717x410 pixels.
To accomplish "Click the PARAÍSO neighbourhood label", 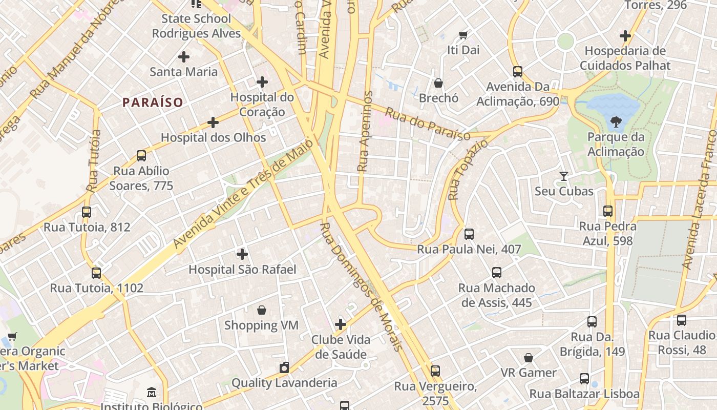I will (153, 102).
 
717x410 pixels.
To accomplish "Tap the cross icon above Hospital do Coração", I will (262, 81).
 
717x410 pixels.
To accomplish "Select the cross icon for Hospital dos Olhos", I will (213, 122).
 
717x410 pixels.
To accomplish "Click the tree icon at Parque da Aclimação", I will (616, 122).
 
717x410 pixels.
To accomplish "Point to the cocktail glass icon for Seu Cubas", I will (564, 176).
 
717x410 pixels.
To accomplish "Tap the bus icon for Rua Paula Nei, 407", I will (469, 234).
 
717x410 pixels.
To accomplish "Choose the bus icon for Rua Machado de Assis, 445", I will (497, 273).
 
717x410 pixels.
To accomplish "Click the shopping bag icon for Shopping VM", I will (262, 310).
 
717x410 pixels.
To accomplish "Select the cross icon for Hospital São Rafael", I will (242, 254).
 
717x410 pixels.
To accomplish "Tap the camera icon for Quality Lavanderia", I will (284, 367).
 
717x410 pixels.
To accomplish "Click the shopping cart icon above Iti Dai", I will (463, 35).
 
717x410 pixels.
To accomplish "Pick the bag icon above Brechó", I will (438, 83).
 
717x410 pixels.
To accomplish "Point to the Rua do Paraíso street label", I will (428, 124).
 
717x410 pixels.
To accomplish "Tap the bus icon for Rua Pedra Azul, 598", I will (608, 211).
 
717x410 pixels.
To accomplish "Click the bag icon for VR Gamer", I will (529, 358).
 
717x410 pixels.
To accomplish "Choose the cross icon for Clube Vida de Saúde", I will (341, 324).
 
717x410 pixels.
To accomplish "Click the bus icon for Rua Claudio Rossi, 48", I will (682, 320).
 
